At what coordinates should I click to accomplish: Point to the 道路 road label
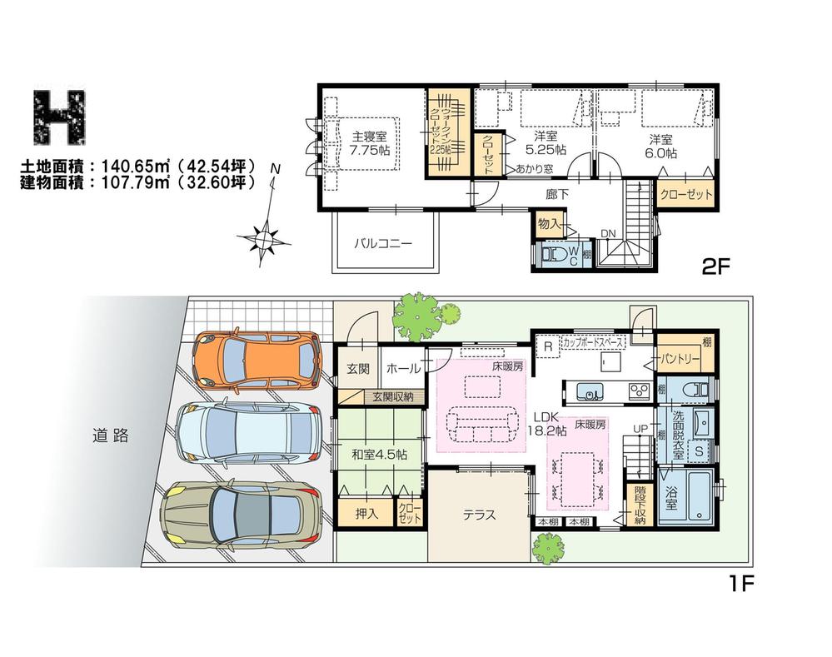tap(110, 435)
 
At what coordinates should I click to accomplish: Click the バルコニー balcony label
tap(383, 244)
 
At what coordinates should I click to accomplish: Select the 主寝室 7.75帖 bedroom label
tap(370, 143)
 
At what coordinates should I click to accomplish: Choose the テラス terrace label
tap(479, 515)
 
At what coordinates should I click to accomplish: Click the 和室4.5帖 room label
tap(379, 454)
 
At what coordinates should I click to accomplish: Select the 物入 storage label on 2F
tap(548, 223)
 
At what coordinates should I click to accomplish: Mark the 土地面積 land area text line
tap(137, 167)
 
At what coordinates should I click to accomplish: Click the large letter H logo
tap(63, 116)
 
